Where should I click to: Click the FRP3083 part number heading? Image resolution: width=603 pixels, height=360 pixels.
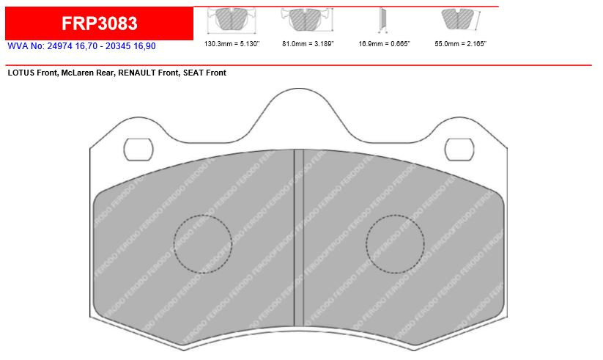coord(99,23)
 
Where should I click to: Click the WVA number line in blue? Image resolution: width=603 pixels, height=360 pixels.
coord(81,45)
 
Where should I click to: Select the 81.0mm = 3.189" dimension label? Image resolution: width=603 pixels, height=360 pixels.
coord(305,44)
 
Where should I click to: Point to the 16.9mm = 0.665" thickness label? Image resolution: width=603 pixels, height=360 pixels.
coord(384,44)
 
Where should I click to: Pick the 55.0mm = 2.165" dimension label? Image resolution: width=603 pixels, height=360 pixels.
coord(461,44)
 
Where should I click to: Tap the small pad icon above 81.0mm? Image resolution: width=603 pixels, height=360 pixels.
coord(306,20)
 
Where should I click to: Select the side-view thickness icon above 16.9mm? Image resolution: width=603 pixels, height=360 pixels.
coord(382,20)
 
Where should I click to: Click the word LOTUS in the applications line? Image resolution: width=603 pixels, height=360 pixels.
coord(22,73)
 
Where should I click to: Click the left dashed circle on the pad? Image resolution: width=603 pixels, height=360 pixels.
coord(202,244)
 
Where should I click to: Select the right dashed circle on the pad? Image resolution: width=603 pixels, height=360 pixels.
coord(395,244)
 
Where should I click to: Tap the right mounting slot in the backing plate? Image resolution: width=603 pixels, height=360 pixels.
coord(460,149)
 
